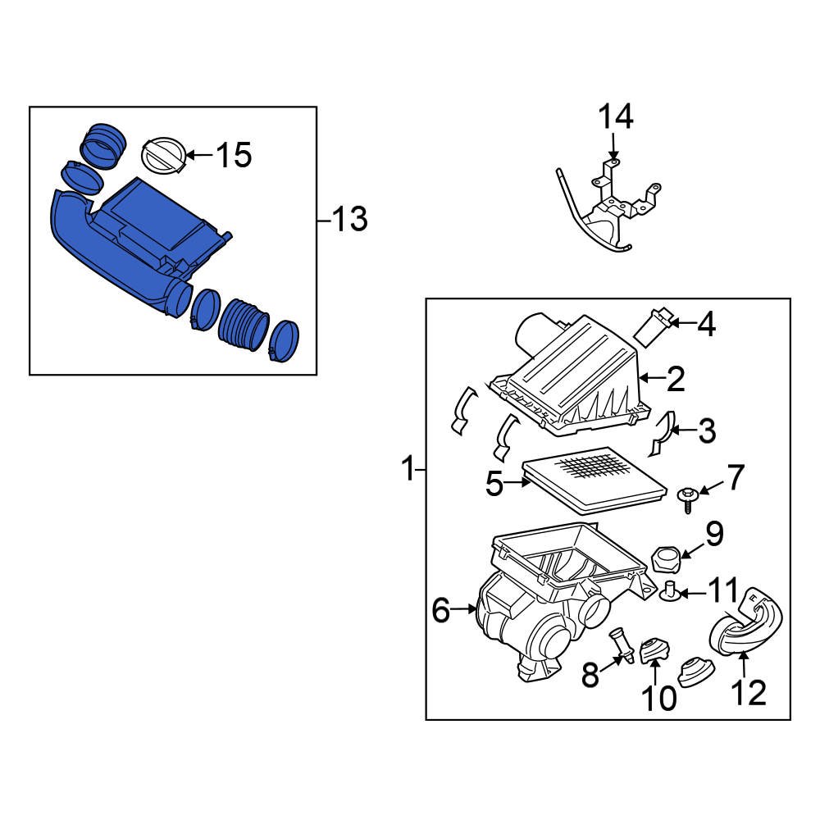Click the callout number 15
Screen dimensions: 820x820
click(x=234, y=154)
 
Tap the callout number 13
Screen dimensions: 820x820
click(x=349, y=220)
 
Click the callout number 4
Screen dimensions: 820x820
click(x=705, y=325)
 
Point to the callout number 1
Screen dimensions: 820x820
click(x=408, y=471)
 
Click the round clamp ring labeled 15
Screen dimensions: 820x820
click(x=162, y=156)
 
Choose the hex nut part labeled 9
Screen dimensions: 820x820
click(x=664, y=561)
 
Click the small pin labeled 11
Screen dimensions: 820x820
click(x=669, y=590)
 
